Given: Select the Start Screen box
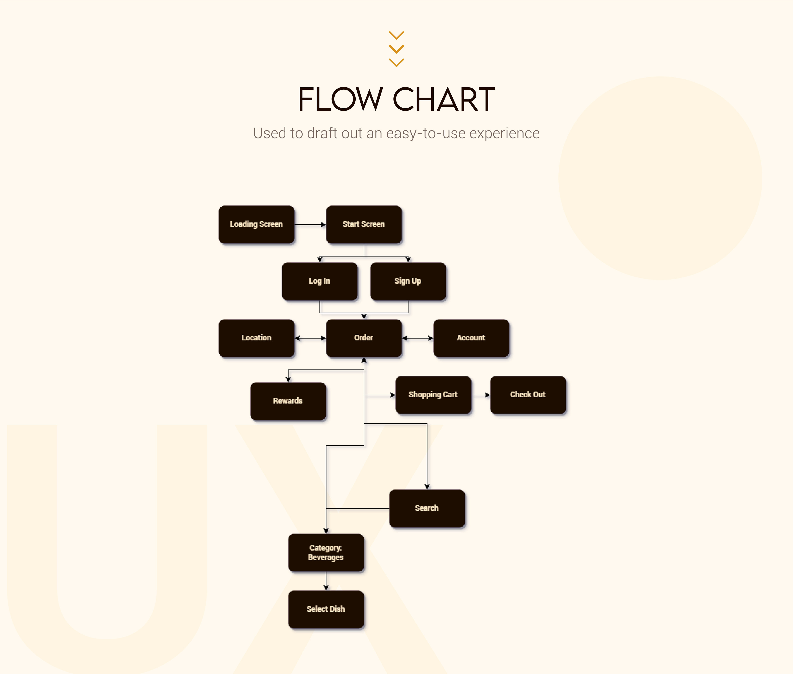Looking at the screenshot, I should [x=363, y=224].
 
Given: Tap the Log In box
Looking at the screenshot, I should [x=319, y=281].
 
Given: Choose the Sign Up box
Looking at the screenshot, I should [x=408, y=281].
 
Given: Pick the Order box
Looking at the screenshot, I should [x=363, y=338].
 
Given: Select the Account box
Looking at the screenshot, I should [x=471, y=338].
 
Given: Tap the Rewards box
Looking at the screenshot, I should [x=288, y=401].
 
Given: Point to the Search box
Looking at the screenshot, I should [x=427, y=508].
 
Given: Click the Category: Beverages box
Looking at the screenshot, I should [x=326, y=552].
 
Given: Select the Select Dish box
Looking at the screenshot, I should [x=326, y=609].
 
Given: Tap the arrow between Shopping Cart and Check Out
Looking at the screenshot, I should [x=480, y=395].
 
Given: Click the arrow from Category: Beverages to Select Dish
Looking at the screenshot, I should [x=326, y=581].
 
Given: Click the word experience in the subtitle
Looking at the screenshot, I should [x=505, y=133].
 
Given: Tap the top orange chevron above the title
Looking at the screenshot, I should [x=396, y=35].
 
